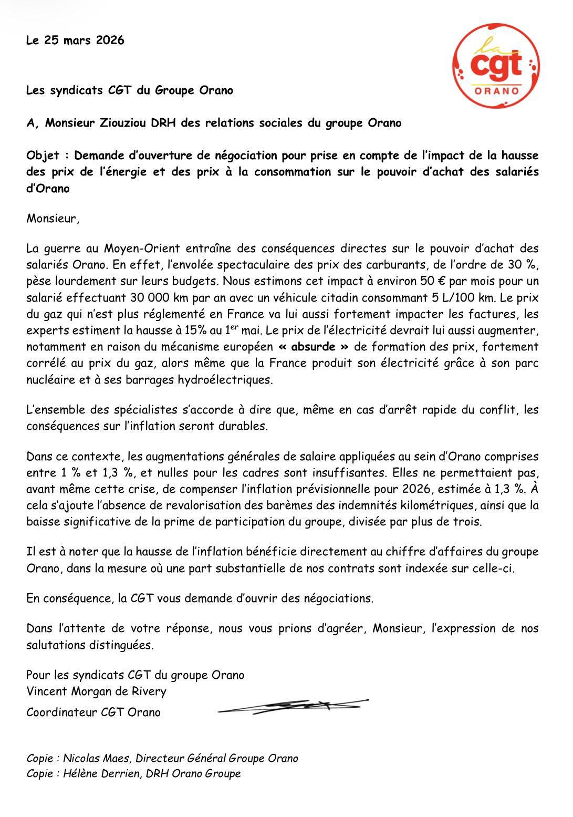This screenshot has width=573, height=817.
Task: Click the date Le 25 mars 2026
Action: pyautogui.click(x=75, y=40)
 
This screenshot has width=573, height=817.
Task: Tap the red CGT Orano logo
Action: pyautogui.click(x=496, y=66)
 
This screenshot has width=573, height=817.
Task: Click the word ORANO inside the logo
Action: pyautogui.click(x=496, y=91)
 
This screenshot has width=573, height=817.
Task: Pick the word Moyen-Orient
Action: pyautogui.click(x=138, y=249)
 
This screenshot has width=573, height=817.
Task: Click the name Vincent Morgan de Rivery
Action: pyautogui.click(x=96, y=691)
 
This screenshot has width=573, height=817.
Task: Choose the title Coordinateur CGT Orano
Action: pyautogui.click(x=93, y=712)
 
